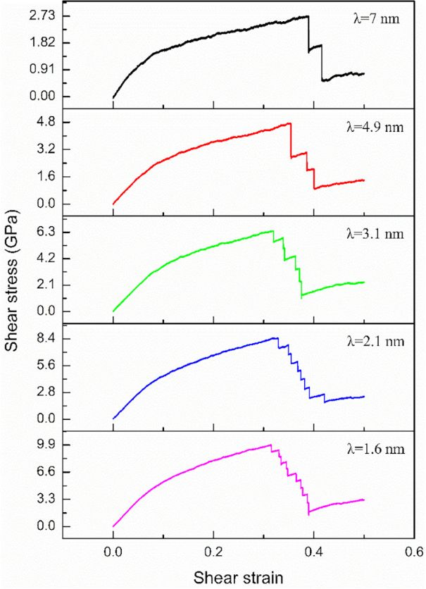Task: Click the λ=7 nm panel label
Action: (375, 19)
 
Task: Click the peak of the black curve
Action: (307, 16)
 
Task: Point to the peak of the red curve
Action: (289, 124)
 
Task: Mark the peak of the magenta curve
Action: (270, 445)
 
